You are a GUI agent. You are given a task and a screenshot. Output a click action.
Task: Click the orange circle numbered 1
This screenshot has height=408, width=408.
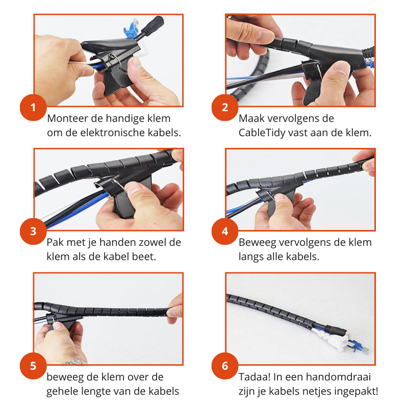pos(33,108)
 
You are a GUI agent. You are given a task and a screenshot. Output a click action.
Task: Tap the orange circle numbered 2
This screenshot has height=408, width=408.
pos(225,108)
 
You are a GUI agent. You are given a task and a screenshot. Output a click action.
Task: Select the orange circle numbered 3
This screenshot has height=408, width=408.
pos(33,231)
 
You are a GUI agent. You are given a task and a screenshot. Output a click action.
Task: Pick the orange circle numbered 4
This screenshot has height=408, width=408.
pos(225,231)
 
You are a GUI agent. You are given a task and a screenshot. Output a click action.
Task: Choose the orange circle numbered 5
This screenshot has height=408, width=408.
pos(33,366)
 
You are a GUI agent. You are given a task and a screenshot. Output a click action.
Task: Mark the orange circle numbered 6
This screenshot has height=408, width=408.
pos(225,366)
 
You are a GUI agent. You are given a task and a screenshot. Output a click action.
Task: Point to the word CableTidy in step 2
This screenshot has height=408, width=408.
pos(261,133)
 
